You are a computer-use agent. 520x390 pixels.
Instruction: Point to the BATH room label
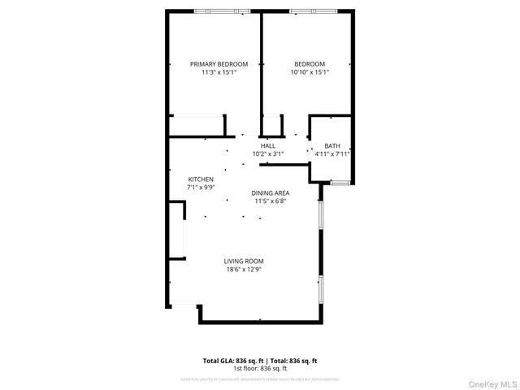pyautogui.click(x=332, y=146)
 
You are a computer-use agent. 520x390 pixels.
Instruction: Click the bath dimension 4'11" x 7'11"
pyautogui.click(x=332, y=154)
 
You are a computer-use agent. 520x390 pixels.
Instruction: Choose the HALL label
pyautogui.click(x=268, y=145)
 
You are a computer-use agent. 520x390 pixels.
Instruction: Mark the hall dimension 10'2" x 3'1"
pyautogui.click(x=268, y=154)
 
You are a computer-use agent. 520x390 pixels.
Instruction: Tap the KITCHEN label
pyautogui.click(x=201, y=179)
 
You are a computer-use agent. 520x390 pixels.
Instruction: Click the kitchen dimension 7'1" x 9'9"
pyautogui.click(x=201, y=187)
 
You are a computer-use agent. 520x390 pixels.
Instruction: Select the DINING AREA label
pyautogui.click(x=270, y=193)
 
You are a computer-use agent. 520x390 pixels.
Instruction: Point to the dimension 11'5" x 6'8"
pyautogui.click(x=270, y=201)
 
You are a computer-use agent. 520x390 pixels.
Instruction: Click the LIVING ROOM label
pyautogui.click(x=244, y=262)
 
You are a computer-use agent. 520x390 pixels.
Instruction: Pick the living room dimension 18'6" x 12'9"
pyautogui.click(x=244, y=270)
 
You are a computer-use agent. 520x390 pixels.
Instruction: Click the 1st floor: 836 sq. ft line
pyautogui.click(x=260, y=368)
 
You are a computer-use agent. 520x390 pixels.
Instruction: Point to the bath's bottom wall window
pyautogui.click(x=340, y=180)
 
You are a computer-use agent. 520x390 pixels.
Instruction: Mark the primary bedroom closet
pyautogui.click(x=197, y=126)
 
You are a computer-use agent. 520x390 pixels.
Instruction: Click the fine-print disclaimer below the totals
pyautogui.click(x=260, y=379)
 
